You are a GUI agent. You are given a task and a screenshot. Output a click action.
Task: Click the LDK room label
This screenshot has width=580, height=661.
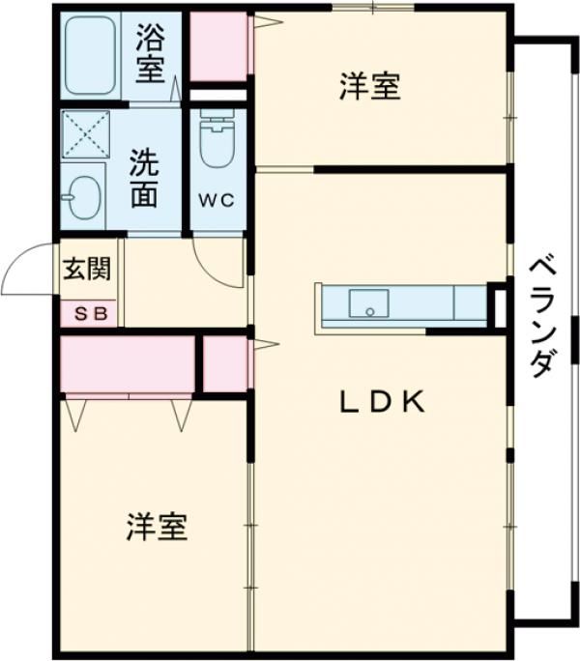pos(382,402)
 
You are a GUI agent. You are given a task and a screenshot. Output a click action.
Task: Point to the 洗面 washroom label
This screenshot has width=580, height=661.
pos(145,176)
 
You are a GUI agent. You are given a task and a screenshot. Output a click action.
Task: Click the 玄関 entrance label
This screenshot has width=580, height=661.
pos(87,269)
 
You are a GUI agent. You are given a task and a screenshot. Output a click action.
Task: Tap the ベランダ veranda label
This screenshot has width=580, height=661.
pos(543,314)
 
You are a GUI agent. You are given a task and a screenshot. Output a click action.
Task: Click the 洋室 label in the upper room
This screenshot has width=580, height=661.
pos(369,87)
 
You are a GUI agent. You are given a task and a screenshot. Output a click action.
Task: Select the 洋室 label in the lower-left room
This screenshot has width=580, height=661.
pos(157,527)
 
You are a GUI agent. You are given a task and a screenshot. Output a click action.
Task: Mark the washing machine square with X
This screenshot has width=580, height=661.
pos(85,133)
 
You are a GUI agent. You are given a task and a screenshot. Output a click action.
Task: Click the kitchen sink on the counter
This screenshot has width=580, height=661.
pos(368,303)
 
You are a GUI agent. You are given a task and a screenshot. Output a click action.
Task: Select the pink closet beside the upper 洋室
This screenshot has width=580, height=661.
pos(217,46)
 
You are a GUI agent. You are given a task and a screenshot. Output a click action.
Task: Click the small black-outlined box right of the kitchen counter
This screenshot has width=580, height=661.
pos(499,304)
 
